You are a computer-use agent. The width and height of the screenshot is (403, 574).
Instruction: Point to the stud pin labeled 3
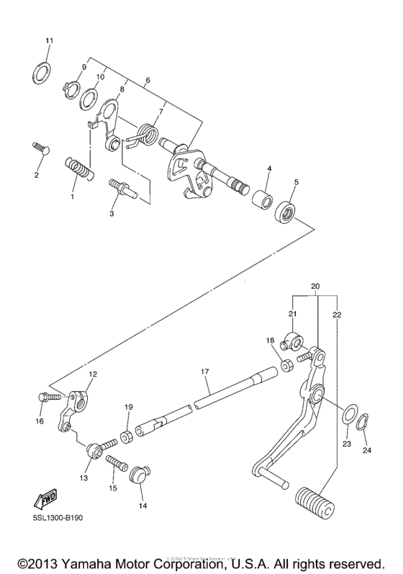pos(121,188)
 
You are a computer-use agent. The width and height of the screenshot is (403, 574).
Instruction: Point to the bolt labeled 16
pos(42,396)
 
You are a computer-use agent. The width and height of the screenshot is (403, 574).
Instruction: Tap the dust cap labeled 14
pos(137,476)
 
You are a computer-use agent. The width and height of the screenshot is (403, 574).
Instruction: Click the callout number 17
pos(204,371)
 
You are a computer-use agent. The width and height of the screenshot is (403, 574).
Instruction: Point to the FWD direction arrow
pos(46,498)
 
